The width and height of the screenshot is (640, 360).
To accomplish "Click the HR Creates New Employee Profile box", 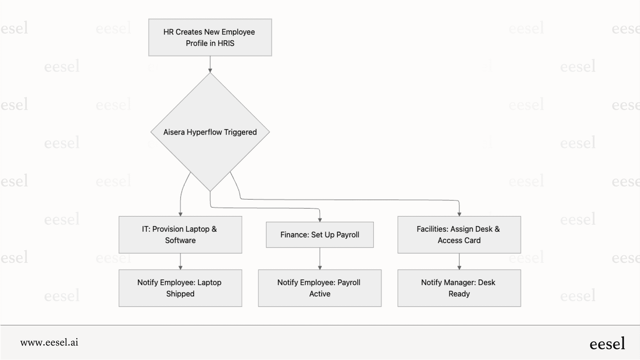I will [210, 37].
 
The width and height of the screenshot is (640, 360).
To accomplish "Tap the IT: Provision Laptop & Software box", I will [180, 235].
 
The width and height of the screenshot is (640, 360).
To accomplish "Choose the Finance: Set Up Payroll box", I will [320, 235].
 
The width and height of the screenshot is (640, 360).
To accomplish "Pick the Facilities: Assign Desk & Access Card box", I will [459, 235].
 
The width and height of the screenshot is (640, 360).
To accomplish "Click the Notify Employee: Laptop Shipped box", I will [180, 288].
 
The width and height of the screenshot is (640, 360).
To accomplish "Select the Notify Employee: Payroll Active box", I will [320, 288].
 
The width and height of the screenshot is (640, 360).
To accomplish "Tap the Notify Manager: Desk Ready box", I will [459, 288].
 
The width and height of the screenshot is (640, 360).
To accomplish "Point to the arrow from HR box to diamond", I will [210, 64].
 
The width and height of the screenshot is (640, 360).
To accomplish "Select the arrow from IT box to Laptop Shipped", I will [180, 261].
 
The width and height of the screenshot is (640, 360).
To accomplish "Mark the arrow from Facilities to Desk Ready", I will [459, 261].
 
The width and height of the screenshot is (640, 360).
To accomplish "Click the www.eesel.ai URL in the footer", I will [49, 342].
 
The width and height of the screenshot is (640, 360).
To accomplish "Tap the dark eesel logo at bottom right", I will [607, 344].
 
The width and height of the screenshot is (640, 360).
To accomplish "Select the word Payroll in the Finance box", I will [347, 235].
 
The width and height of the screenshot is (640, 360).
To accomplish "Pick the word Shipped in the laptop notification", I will [180, 294].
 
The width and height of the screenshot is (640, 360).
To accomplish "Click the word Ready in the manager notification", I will [459, 294].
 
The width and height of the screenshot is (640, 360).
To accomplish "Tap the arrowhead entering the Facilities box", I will [459, 214].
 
